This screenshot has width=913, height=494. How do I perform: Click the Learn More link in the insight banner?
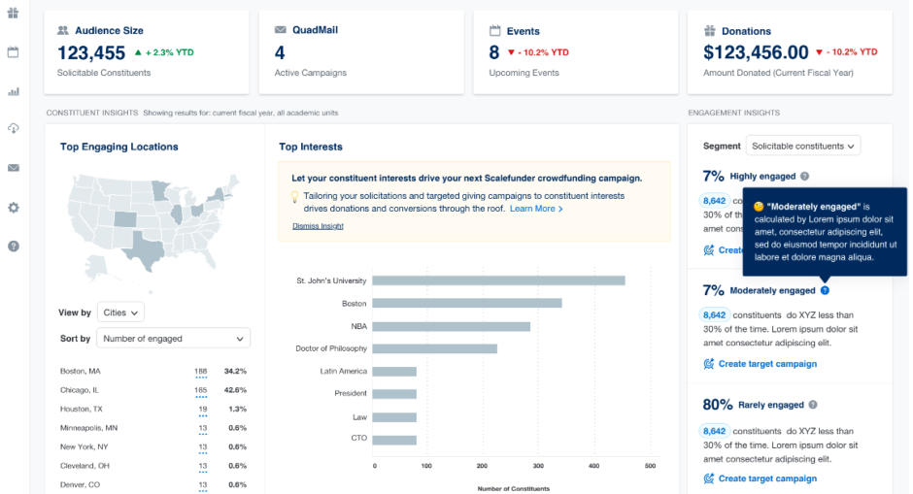pyautogui.click(x=535, y=209)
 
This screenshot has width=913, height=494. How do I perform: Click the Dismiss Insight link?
pyautogui.click(x=318, y=226)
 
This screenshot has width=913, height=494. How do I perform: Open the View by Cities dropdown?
pyautogui.click(x=121, y=313)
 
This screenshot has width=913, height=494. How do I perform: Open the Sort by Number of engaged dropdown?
pyautogui.click(x=173, y=339)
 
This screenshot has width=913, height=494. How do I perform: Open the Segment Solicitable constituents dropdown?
pyautogui.click(x=802, y=146)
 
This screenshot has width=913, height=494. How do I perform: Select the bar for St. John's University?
pyautogui.click(x=499, y=280)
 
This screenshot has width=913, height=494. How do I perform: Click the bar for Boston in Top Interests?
pyautogui.click(x=467, y=303)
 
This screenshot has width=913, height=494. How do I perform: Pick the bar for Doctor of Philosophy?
pyautogui.click(x=435, y=348)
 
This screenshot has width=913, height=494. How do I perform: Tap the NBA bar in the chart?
pyautogui.click(x=452, y=326)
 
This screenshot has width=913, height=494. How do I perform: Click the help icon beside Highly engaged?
pyautogui.click(x=805, y=177)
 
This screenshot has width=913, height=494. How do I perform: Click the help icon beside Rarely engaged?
pyautogui.click(x=813, y=405)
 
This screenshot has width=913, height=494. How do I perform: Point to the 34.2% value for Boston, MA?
pyautogui.click(x=235, y=371)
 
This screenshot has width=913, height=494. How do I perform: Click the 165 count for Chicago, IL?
pyautogui.click(x=201, y=390)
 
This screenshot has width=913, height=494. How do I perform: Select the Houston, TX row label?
pyautogui.click(x=81, y=409)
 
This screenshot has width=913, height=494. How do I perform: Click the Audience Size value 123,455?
pyautogui.click(x=91, y=53)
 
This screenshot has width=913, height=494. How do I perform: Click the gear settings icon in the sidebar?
pyautogui.click(x=14, y=208)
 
